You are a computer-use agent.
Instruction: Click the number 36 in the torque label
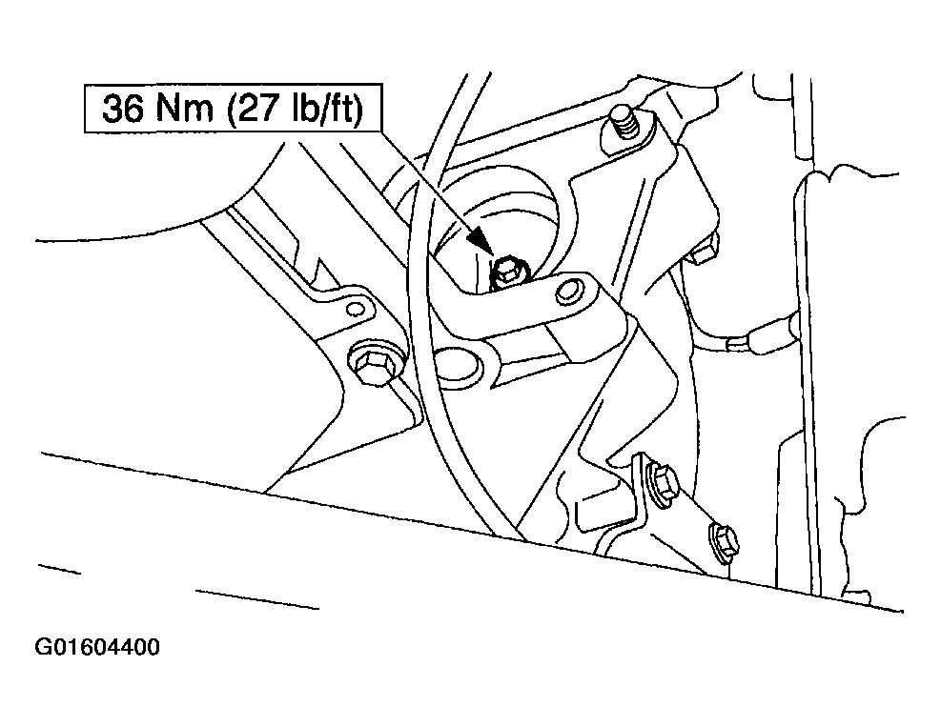coord(123,109)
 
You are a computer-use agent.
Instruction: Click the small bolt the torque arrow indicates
coord(509,273)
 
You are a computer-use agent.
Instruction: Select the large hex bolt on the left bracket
coord(373,364)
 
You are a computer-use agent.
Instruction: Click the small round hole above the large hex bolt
coord(356,309)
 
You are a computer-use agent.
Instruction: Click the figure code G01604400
coord(97,647)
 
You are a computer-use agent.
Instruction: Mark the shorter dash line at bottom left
coord(59,569)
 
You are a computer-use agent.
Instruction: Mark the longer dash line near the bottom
coord(257,599)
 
